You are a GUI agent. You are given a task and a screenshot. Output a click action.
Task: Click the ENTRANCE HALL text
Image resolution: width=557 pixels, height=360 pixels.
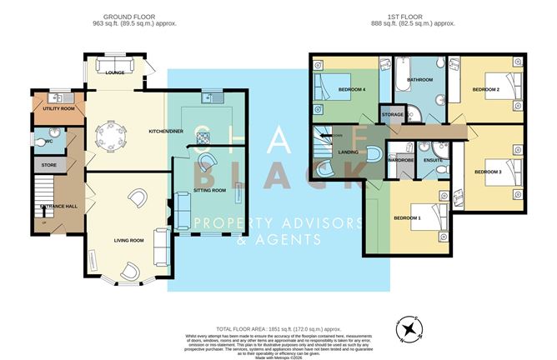(53, 205)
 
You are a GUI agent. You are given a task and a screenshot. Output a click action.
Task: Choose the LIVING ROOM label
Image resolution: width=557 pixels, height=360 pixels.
(129, 241)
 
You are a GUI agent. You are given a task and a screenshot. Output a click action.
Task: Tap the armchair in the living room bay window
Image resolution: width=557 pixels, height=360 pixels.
(130, 269)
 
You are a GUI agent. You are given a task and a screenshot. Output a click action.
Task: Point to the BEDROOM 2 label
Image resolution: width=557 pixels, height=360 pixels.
(486, 88)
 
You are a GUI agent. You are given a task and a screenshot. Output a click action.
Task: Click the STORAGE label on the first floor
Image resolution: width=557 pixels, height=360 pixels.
(392, 114)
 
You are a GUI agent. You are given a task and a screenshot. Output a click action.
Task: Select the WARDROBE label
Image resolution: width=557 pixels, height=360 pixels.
(402, 159)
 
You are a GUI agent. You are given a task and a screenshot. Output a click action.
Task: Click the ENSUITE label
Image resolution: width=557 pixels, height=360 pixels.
(434, 159)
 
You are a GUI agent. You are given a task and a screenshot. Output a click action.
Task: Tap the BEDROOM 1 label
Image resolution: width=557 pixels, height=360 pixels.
(408, 217)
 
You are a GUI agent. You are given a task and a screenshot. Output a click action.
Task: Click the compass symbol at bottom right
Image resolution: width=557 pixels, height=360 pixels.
(409, 328)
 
